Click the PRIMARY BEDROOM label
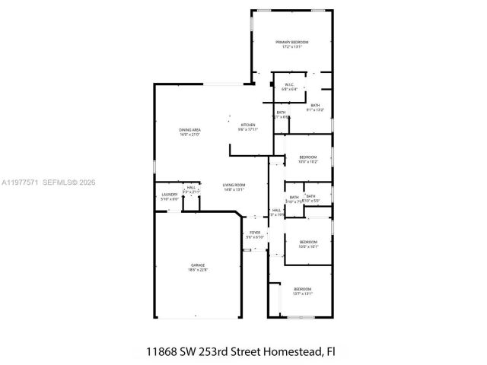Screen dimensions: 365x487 click(x=292, y=42)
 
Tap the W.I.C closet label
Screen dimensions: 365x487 click(x=289, y=84)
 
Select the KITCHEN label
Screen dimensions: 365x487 click(x=248, y=125)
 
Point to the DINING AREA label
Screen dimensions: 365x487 click(x=189, y=130)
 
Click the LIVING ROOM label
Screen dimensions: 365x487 click(x=234, y=185)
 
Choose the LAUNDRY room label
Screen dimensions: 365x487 click(x=169, y=195)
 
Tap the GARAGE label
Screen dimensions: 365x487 click(x=198, y=265)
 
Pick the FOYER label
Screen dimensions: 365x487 click(x=254, y=233)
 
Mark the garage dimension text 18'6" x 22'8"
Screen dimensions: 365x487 click(x=198, y=270)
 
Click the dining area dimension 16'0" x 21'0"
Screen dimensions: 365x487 click(x=189, y=135)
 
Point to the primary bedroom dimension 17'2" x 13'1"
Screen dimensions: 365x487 click(x=292, y=47)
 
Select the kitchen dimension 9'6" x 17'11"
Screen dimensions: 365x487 click(x=248, y=129)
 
